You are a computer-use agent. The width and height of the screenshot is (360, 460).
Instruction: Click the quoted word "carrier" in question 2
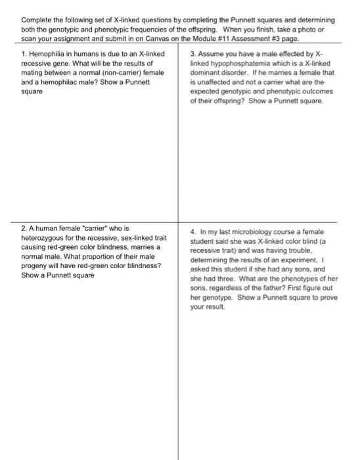pyautogui.click(x=97, y=227)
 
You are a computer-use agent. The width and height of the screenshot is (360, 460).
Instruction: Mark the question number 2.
pyautogui.click(x=24, y=227)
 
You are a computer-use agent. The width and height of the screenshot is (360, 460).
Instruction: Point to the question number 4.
pyautogui.click(x=192, y=231)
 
